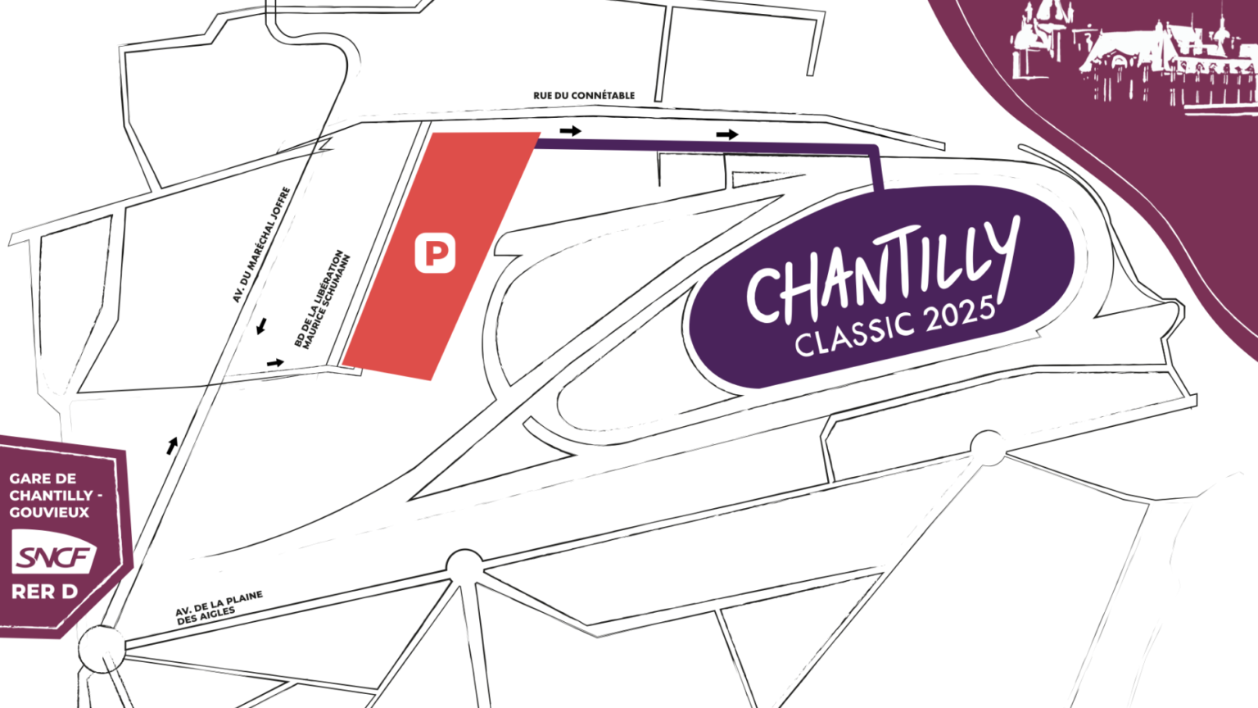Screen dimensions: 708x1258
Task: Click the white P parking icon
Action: point(435,253)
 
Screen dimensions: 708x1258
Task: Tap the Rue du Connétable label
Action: point(584,96)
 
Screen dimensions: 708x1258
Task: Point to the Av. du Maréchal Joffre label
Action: point(261,244)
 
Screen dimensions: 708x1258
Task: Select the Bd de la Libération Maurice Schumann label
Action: point(323,300)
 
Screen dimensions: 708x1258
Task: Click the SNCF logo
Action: point(53,556)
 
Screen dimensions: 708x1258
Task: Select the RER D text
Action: point(44,592)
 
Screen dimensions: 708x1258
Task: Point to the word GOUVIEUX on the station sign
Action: point(49,512)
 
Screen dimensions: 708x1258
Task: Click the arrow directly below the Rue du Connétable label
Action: point(571,130)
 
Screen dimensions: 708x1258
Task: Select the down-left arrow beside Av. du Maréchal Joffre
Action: point(261,327)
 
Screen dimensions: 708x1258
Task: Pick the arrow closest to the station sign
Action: point(172,446)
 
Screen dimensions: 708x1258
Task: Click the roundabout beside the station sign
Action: point(102,649)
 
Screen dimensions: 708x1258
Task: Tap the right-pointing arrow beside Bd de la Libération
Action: point(275,362)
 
